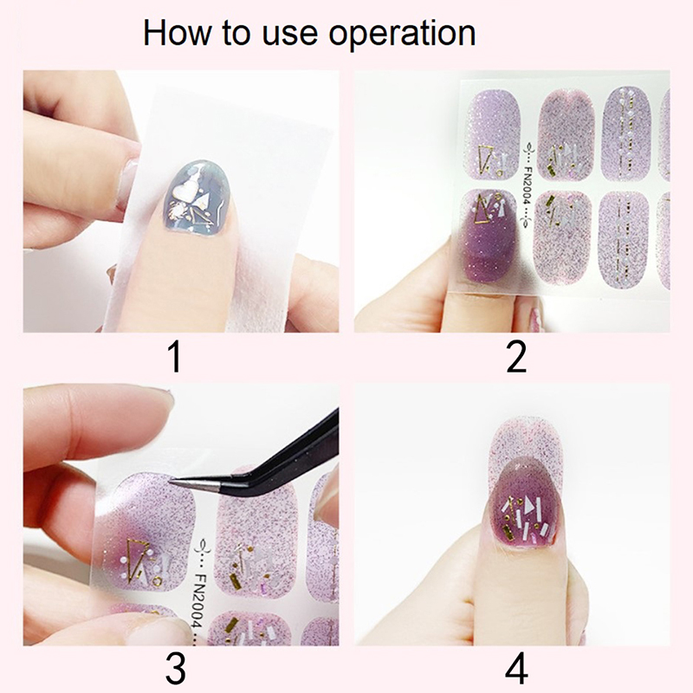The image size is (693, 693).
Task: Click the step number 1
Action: [x=176, y=357]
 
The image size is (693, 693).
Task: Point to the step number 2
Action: [x=516, y=357]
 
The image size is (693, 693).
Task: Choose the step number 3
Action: [x=176, y=669]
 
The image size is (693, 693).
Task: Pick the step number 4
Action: [x=516, y=669]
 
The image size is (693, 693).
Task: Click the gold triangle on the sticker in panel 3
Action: [x=134, y=558]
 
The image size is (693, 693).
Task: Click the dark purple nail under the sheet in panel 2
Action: [x=487, y=239]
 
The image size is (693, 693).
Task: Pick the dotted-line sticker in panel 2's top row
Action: [x=626, y=133]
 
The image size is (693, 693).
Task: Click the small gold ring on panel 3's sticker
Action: [x=157, y=581]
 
